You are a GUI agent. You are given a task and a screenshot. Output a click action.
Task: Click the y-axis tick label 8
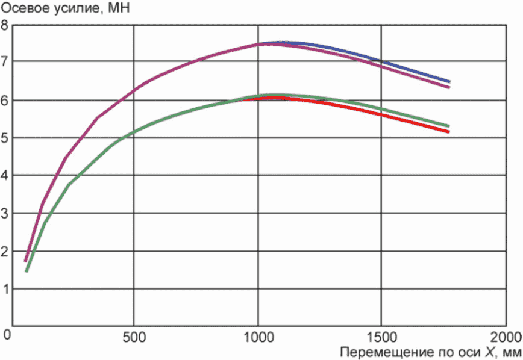click(4, 25)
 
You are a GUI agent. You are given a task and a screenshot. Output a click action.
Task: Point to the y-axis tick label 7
click(4, 62)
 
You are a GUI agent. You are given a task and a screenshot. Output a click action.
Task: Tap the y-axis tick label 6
click(4, 101)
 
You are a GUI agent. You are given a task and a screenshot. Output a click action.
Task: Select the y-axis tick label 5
click(4, 138)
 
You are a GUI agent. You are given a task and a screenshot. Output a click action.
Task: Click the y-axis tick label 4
click(4, 175)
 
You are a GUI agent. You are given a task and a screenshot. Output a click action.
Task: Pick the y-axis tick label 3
click(4, 213)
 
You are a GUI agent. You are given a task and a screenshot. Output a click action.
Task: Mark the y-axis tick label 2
click(4, 251)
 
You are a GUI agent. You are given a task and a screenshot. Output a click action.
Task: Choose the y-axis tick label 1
click(4, 289)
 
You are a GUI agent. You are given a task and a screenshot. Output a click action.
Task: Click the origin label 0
click(7, 334)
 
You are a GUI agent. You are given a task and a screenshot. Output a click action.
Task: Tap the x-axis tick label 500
click(134, 337)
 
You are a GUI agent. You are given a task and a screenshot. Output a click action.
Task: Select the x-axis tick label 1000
click(258, 337)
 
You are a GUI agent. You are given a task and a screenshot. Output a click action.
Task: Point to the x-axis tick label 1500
click(381, 337)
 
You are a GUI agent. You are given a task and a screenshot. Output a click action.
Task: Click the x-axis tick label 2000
click(506, 337)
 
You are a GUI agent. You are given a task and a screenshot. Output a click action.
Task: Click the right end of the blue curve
click(449, 82)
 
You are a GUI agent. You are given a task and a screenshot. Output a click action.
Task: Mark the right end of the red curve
click(449, 132)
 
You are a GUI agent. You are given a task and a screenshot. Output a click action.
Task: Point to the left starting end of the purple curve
click(26, 261)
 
